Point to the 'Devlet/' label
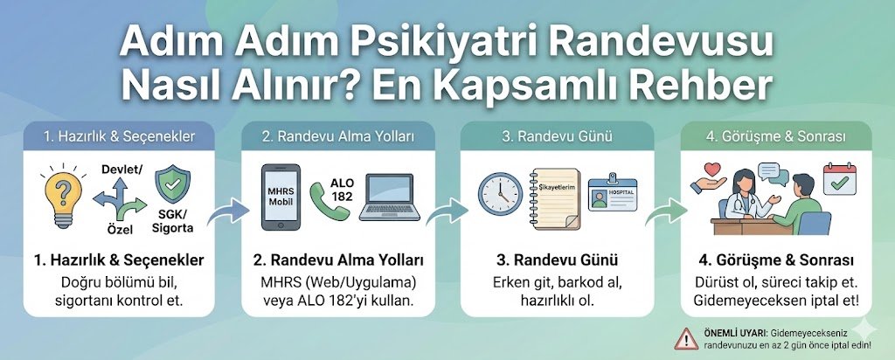point(121,168)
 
